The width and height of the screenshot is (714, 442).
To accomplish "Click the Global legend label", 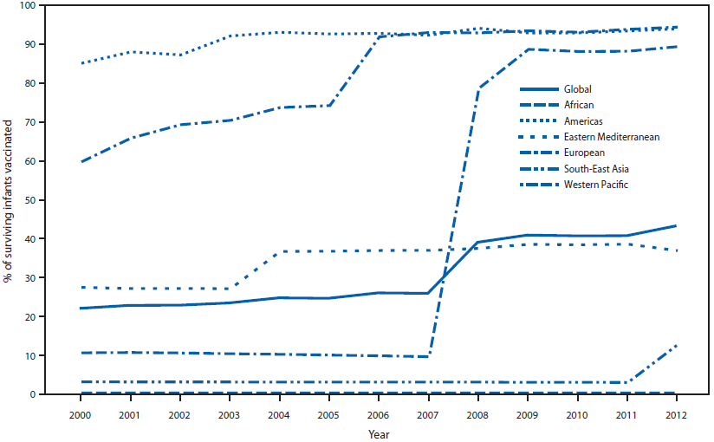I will [x=578, y=89].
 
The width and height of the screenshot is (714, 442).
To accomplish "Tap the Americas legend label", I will [x=582, y=120].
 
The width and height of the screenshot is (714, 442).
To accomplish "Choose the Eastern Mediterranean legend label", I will [x=612, y=137].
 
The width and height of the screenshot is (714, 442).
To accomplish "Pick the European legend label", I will [x=583, y=153].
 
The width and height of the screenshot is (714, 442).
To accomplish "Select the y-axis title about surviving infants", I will [x=10, y=199].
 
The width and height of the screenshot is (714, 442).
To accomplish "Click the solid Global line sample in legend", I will [x=537, y=89].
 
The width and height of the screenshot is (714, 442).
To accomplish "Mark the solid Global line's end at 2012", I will [x=676, y=226].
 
